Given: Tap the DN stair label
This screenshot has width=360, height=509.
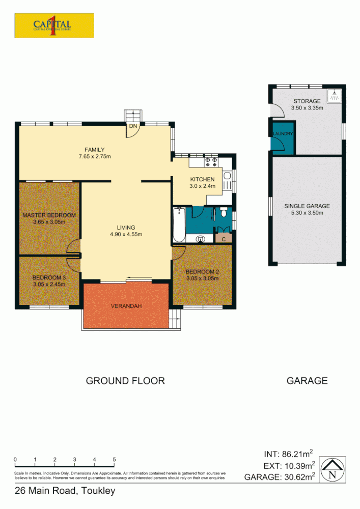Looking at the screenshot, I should click(x=133, y=126).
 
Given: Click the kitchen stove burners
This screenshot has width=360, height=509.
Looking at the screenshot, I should click(x=211, y=162).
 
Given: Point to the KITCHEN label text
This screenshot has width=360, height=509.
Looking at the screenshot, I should click(x=203, y=179).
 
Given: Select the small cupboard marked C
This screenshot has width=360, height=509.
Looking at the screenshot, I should click(x=224, y=238).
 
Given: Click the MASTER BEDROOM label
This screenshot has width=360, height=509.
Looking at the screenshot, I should click(x=49, y=215).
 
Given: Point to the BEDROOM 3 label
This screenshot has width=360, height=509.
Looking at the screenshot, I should click(x=49, y=277).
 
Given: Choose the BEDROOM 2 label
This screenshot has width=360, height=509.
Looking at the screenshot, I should click(x=202, y=271).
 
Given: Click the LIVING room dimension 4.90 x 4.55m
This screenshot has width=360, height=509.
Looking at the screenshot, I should click(x=125, y=235).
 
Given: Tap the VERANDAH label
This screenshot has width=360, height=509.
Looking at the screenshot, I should click(x=126, y=306).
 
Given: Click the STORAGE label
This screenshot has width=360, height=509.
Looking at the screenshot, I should click(x=307, y=101).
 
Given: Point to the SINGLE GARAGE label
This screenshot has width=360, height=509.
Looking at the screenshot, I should click(x=307, y=206).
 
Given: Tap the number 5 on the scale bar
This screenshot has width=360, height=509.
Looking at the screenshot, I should click(x=114, y=459).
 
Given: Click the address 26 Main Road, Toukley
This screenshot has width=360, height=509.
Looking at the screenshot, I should click(x=65, y=491).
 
